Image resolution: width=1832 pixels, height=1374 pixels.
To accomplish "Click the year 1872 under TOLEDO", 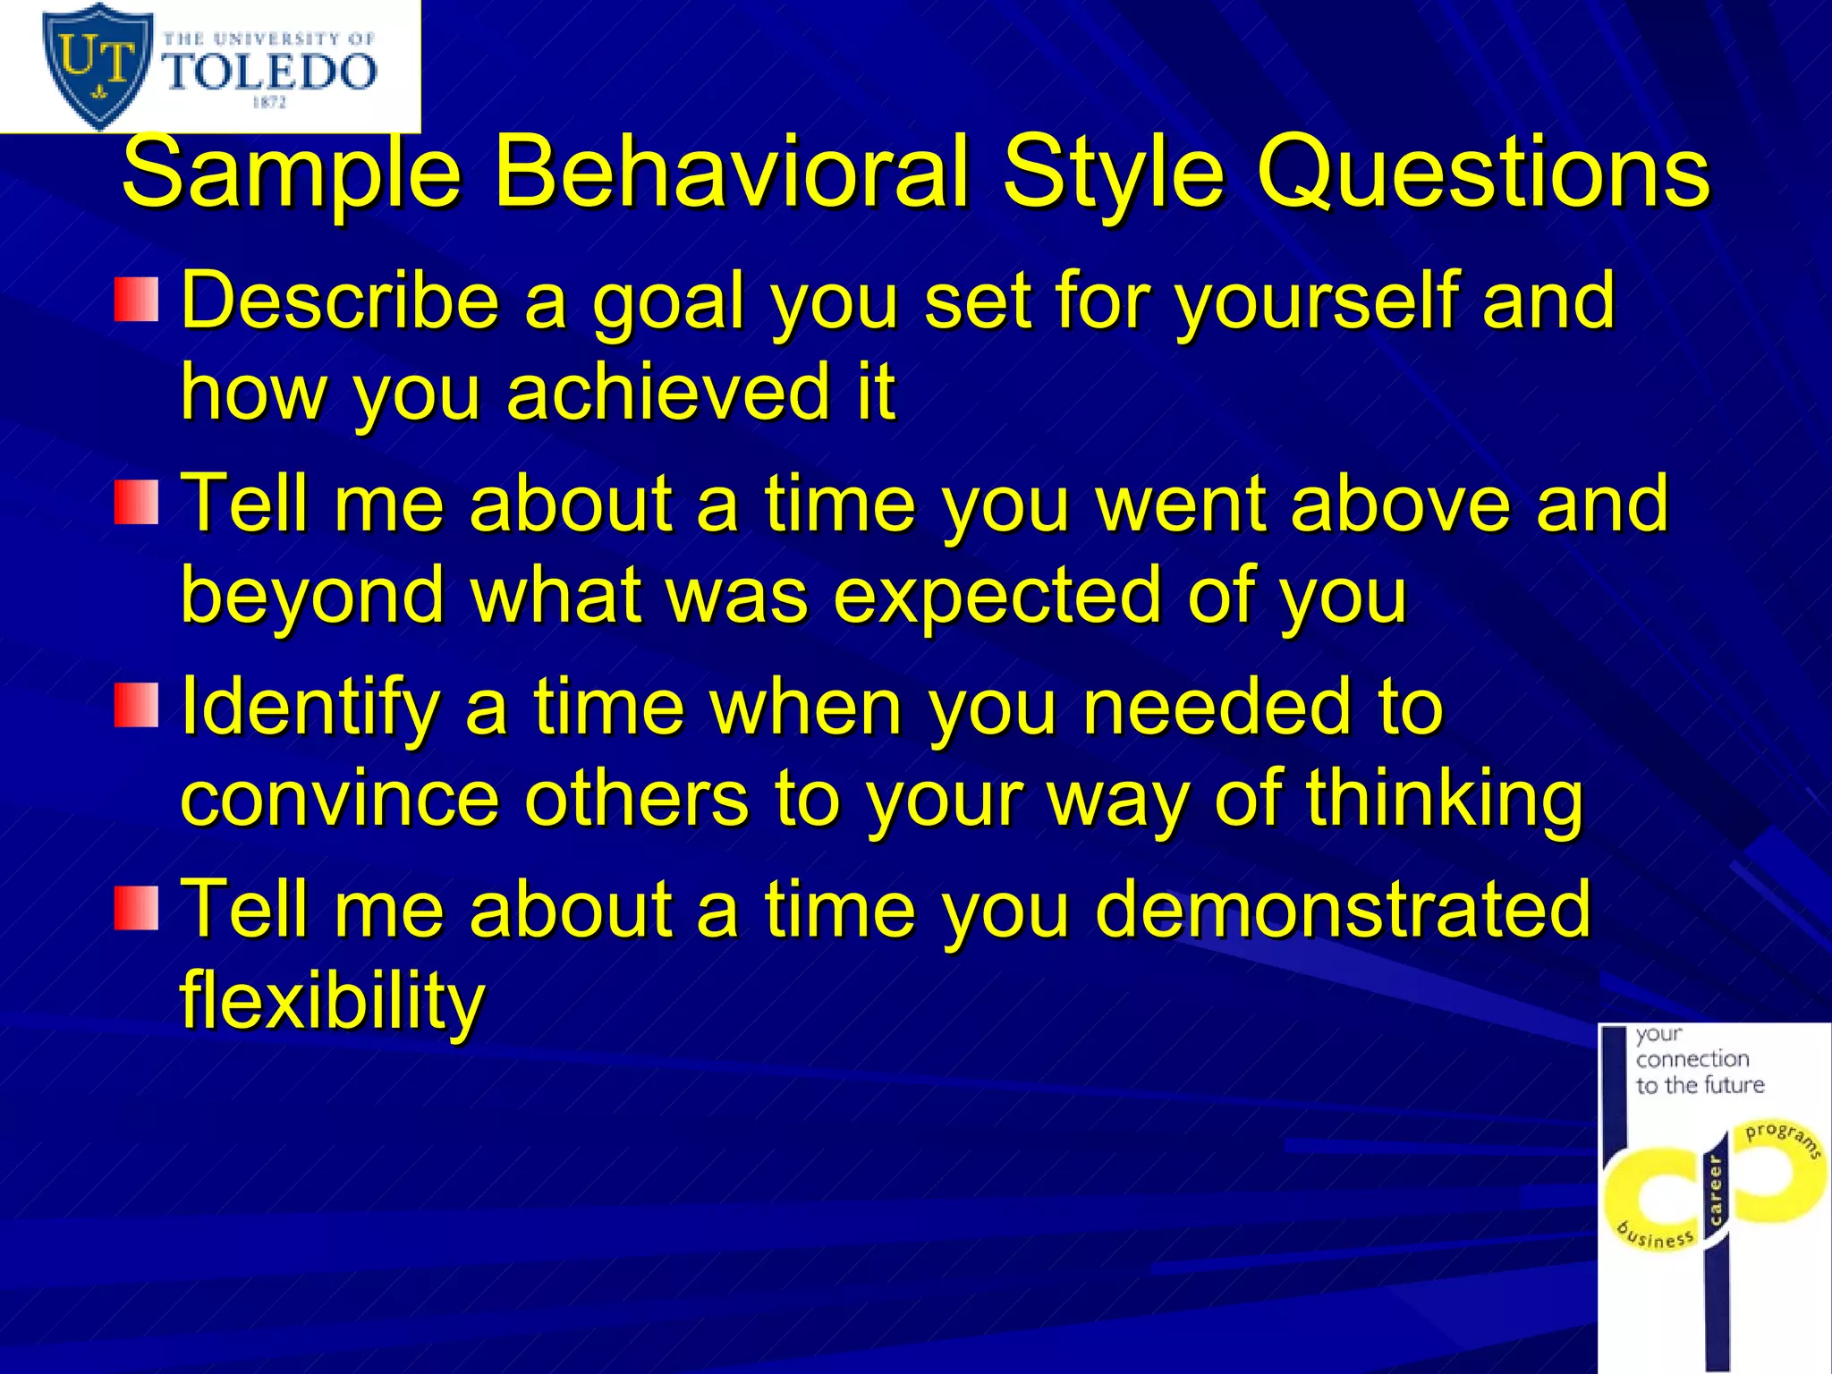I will point(269,103).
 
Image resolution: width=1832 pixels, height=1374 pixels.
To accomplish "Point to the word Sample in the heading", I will point(291,171).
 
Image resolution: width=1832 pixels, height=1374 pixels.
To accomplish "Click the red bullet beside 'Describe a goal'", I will point(136,300).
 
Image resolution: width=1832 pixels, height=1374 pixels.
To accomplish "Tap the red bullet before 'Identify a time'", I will point(136,705).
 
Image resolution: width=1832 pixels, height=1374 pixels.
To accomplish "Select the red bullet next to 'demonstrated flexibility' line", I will point(136,908).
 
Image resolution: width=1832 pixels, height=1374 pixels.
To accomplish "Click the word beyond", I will point(312,595).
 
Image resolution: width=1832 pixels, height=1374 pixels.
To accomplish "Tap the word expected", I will point(997,595).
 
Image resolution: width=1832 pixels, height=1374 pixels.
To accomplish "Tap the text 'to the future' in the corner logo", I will point(1700,1086).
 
